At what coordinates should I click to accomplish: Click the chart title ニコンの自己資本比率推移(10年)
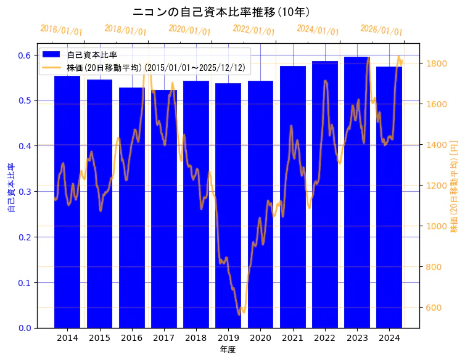(x=221, y=12)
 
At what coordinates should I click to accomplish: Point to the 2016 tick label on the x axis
(x=131, y=338)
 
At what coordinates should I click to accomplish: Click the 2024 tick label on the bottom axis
(x=389, y=338)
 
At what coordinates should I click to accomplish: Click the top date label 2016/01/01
(x=61, y=30)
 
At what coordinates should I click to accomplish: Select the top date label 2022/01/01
(x=253, y=30)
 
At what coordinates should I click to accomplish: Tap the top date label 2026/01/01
(x=381, y=30)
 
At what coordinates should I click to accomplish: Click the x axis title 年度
(x=228, y=350)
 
